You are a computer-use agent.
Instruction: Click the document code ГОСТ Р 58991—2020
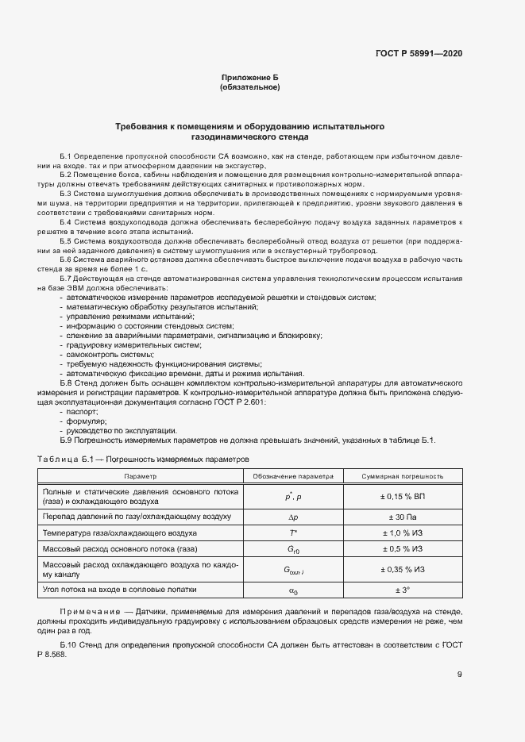419,53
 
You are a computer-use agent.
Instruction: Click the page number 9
459,675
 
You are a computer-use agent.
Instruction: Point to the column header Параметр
141,476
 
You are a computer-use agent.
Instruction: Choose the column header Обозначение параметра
292,476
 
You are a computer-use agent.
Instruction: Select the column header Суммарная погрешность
402,476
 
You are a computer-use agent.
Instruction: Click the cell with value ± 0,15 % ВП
402,497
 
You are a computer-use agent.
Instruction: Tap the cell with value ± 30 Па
402,517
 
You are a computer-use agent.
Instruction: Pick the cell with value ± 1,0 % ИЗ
402,532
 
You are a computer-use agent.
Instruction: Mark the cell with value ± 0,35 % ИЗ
402,569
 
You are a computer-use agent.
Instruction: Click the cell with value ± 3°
402,590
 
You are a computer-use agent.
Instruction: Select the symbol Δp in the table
292,517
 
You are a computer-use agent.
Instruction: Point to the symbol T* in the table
292,532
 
